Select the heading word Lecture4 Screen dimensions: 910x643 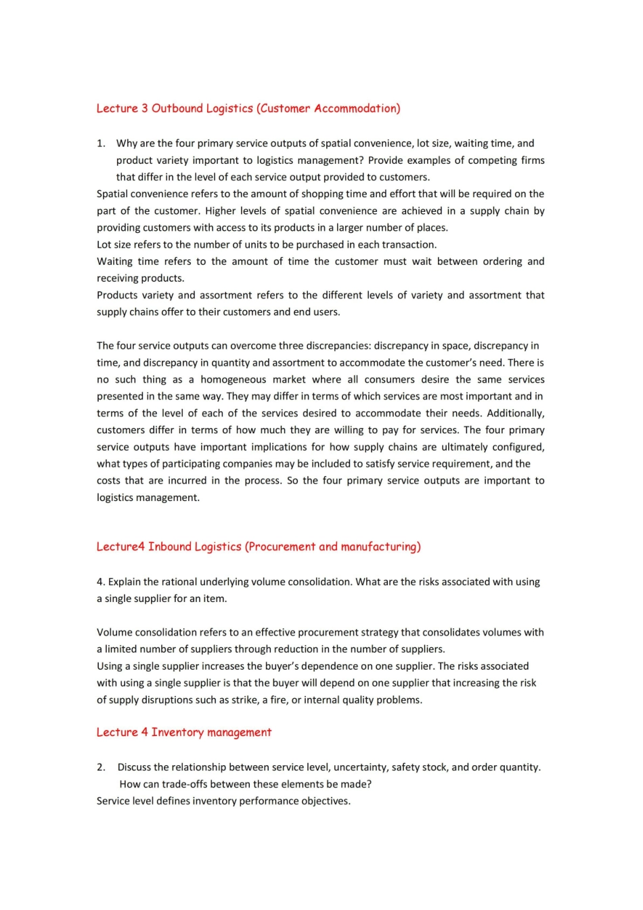(120, 547)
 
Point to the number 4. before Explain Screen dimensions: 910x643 (101, 582)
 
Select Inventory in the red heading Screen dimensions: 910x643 (177, 733)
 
